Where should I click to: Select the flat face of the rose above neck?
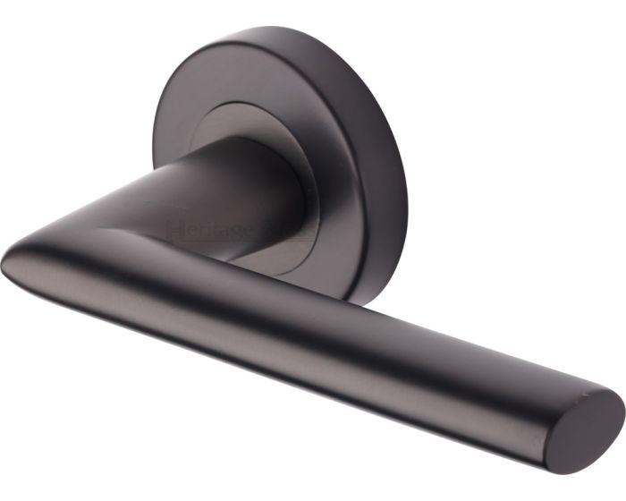click(233, 85)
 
